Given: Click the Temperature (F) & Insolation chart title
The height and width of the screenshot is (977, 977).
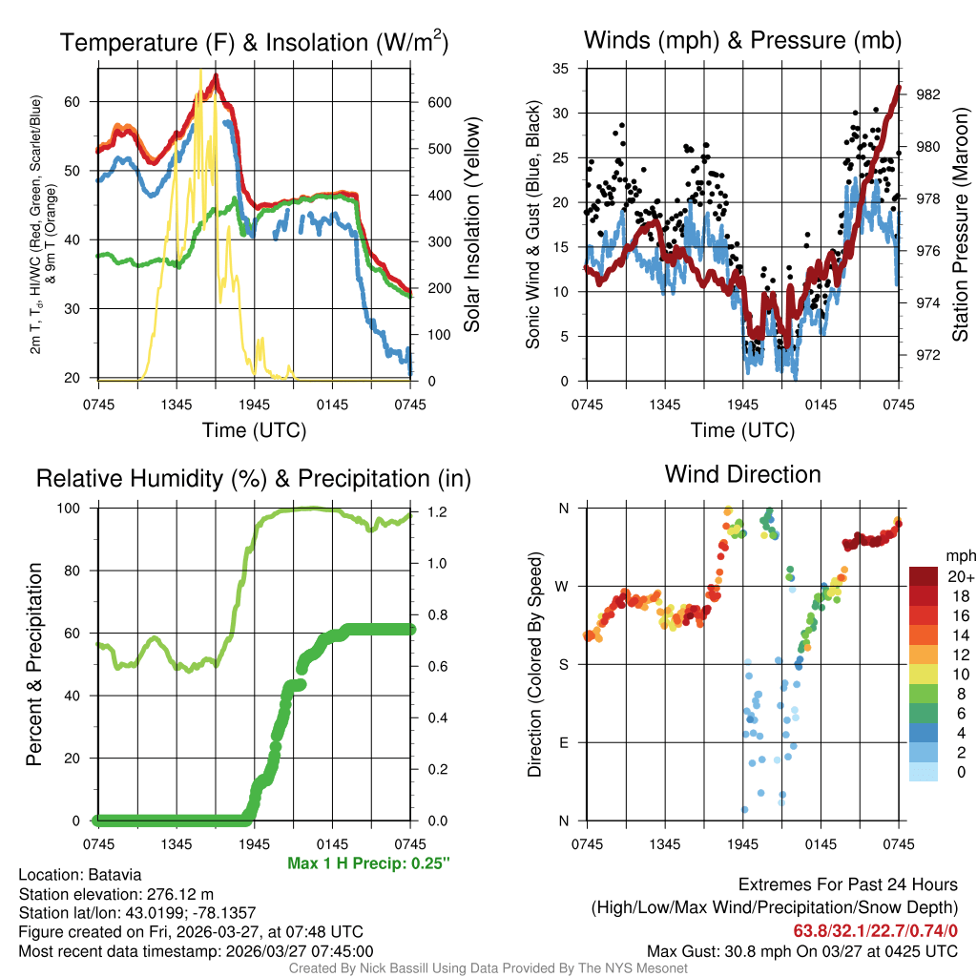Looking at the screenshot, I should click(254, 42).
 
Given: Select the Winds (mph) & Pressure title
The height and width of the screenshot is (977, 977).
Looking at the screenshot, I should click(742, 40).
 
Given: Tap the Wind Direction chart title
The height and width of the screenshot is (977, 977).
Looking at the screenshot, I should click(742, 474).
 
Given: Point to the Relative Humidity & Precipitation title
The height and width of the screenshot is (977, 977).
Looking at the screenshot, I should click(254, 478).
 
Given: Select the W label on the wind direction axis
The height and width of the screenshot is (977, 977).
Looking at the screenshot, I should click(563, 586).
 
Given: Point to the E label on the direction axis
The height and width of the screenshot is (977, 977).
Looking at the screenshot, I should click(564, 742).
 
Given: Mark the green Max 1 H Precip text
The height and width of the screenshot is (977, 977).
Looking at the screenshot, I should click(368, 863).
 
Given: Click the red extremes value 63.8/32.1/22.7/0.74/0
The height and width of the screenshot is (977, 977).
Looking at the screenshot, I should click(875, 930).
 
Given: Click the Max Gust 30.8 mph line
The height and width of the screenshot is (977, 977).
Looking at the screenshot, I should click(801, 950).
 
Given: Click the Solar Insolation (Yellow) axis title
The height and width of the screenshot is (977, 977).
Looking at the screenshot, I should click(471, 225).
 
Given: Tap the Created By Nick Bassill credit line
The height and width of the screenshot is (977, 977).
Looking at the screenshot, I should click(488, 968).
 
